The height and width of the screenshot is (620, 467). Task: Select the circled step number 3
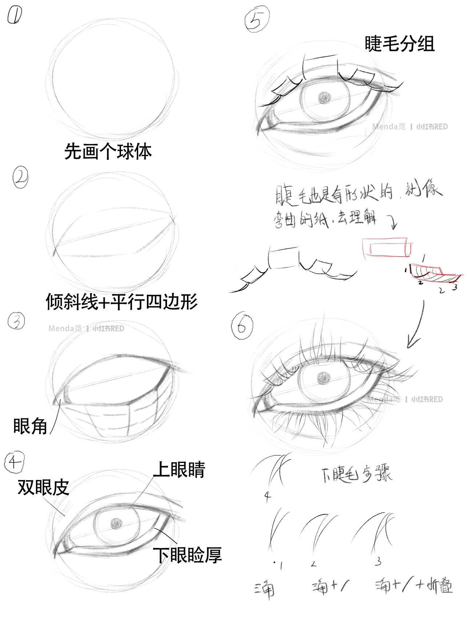tap(17, 322)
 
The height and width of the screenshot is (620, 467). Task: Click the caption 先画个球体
tap(108, 151)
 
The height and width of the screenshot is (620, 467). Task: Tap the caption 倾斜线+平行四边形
tap(121, 301)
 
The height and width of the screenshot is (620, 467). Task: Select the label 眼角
tap(30, 426)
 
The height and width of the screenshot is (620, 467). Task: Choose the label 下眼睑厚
tap(187, 555)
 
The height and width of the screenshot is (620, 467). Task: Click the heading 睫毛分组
tap(399, 44)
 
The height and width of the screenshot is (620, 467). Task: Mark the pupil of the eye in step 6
tap(323, 377)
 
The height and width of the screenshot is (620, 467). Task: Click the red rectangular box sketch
tap(388, 248)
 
